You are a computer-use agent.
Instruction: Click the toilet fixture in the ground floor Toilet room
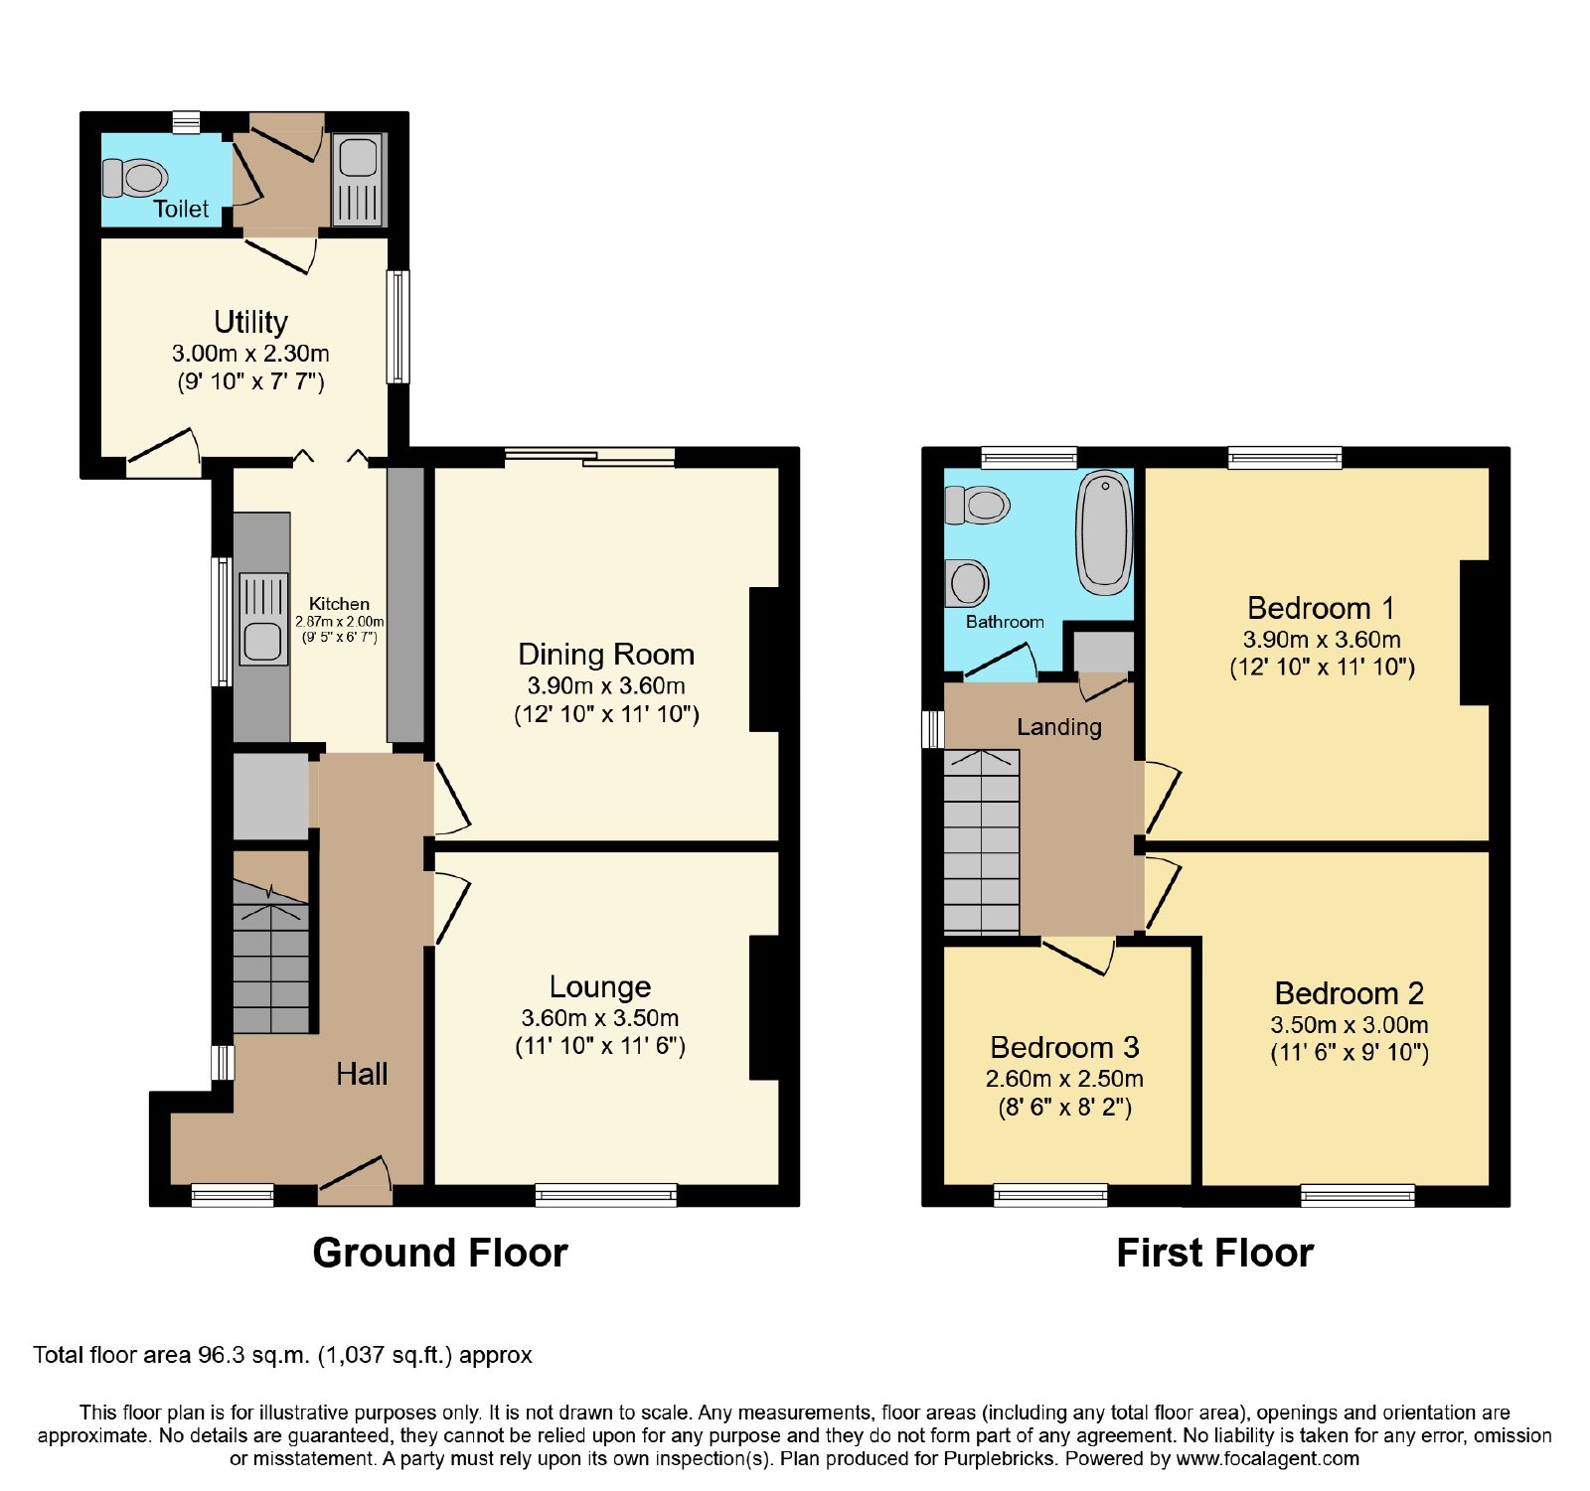point(135,179)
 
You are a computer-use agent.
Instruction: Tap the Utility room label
point(251,322)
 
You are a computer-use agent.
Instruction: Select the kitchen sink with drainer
point(263,618)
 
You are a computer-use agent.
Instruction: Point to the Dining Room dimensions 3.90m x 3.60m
point(606,685)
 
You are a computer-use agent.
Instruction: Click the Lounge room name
point(600,986)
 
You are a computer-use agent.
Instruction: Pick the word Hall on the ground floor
point(362,1074)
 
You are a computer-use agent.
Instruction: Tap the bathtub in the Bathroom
point(1104,532)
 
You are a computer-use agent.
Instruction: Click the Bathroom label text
point(1005,622)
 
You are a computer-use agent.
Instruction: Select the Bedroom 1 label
point(1321,607)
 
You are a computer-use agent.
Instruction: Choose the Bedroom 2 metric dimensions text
point(1350,1024)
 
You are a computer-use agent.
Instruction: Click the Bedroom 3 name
point(1064,1047)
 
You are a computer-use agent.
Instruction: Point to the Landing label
point(1059,727)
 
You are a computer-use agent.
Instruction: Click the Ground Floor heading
point(440,1253)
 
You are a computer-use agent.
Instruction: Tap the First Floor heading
point(1215,1253)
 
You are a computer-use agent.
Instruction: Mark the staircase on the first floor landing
point(982,841)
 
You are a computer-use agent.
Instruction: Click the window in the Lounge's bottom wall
point(606,1195)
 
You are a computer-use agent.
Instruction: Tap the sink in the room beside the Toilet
point(357,179)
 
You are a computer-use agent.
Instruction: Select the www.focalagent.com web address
point(1268,1459)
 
